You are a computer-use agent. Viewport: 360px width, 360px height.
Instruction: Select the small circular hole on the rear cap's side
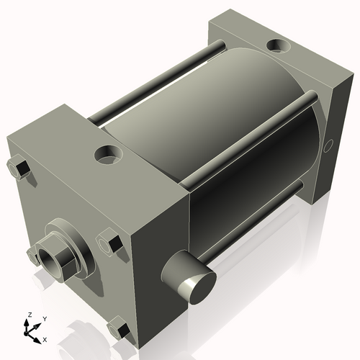click(329, 147)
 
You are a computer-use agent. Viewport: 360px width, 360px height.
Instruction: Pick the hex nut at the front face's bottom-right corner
click(120, 330)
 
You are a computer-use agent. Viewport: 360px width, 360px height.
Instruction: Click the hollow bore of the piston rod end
click(50, 257)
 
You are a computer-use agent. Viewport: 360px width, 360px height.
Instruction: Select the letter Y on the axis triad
click(44, 318)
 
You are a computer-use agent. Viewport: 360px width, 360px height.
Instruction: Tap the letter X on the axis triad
click(45, 338)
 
